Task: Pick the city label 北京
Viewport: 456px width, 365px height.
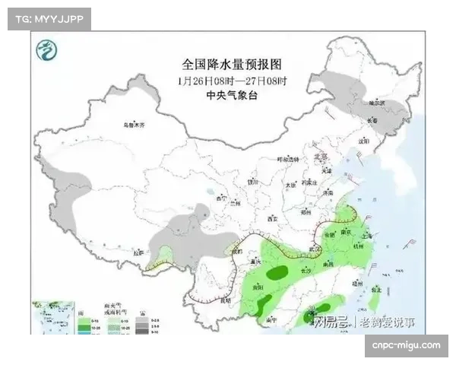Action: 322,157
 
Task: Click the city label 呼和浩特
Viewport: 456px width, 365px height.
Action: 288,160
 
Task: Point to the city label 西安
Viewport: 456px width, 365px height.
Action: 273,218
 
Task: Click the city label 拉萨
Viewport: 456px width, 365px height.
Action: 138,252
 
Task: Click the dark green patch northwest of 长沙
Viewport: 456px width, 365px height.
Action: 277,269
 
